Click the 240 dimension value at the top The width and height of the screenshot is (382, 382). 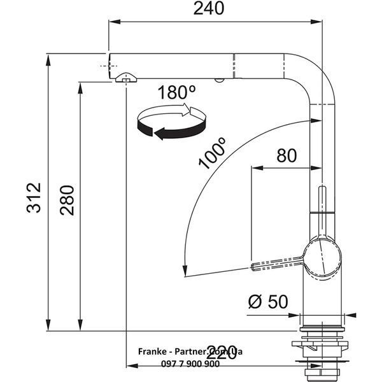pyautogui.click(x=209, y=8)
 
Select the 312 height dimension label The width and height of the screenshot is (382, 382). pyautogui.click(x=34, y=197)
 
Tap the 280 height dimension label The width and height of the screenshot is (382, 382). pyautogui.click(x=67, y=201)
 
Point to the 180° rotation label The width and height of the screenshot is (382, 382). pyautogui.click(x=176, y=92)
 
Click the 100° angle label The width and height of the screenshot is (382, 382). pyautogui.click(x=212, y=153)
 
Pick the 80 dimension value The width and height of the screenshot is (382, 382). pyautogui.click(x=286, y=156)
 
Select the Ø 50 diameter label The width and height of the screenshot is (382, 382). pyautogui.click(x=268, y=302)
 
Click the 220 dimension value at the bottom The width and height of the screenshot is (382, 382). pyautogui.click(x=221, y=353)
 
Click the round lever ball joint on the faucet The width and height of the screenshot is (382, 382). pyautogui.click(x=322, y=258)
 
